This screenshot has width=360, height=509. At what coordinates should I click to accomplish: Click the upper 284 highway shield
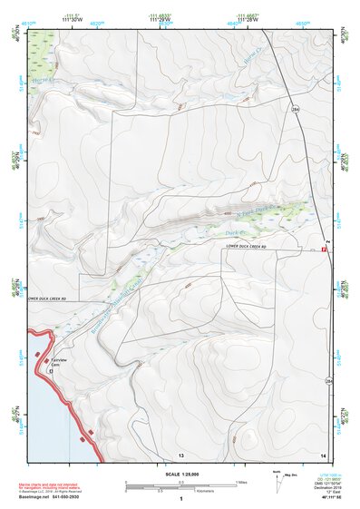(295, 108)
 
